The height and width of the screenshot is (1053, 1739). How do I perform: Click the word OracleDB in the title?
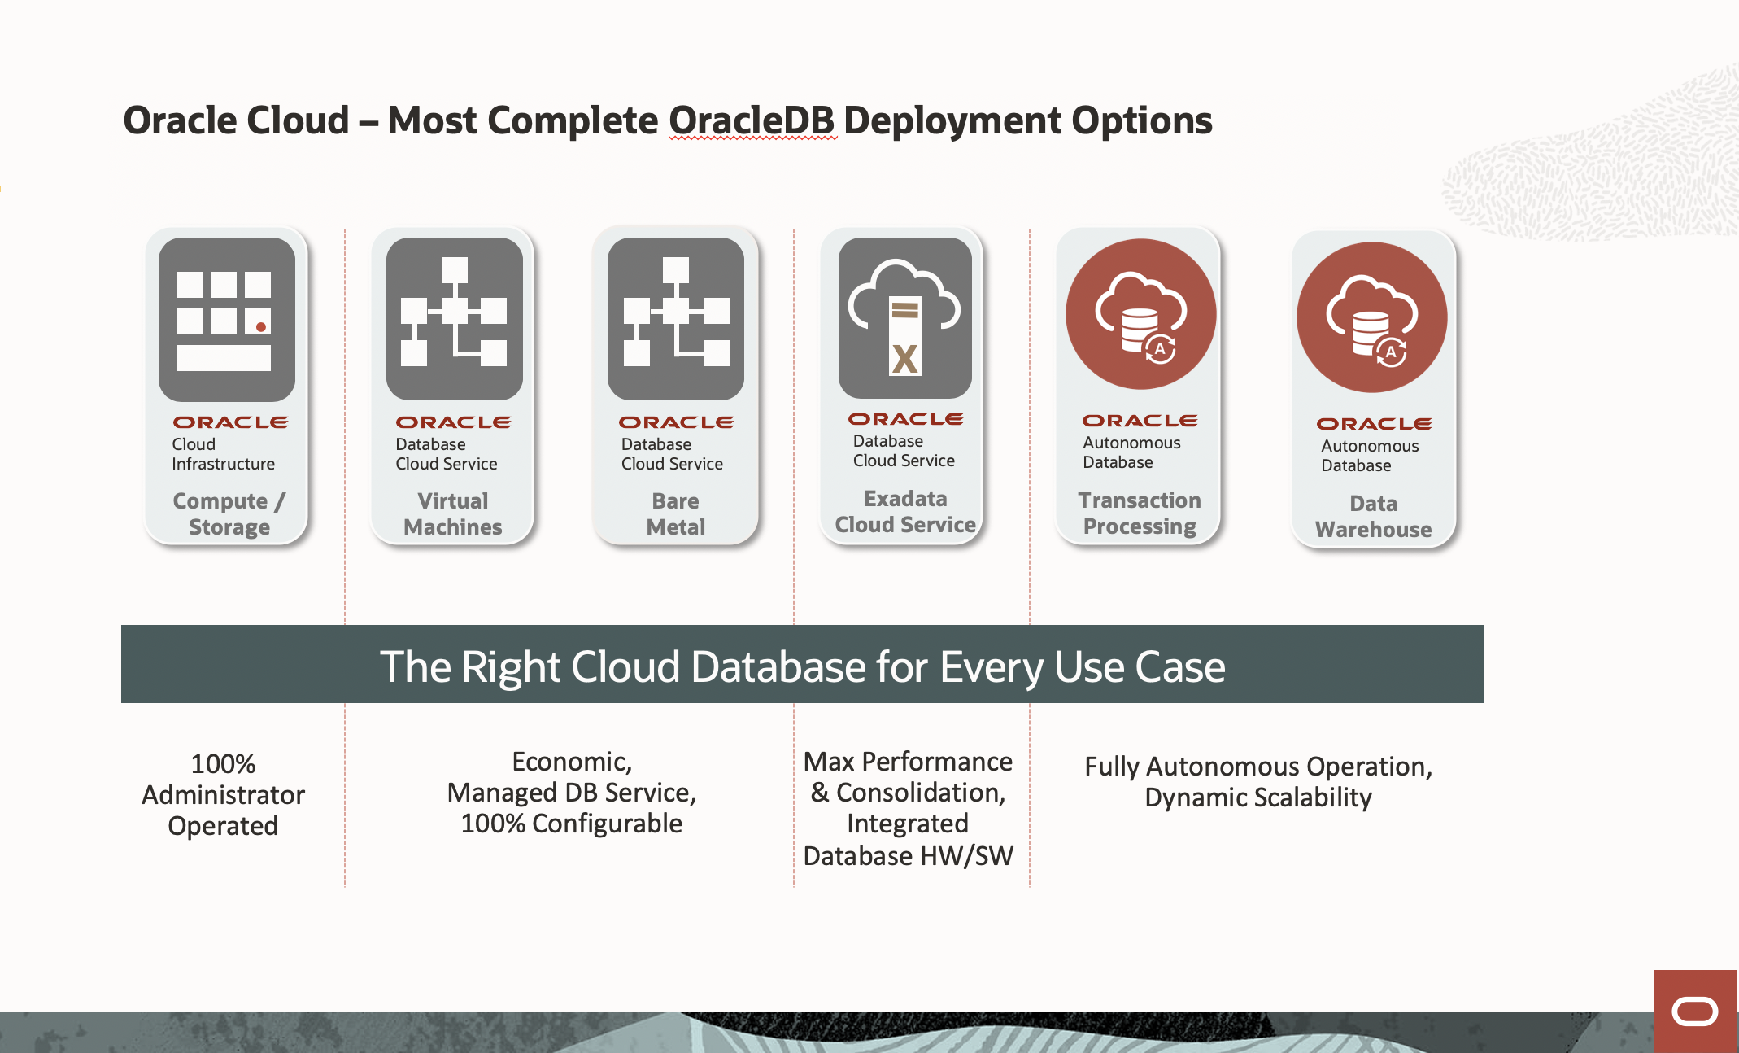pos(752,120)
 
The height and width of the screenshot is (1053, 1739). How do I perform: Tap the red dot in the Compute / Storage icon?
pos(261,326)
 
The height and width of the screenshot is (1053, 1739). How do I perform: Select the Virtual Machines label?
pos(452,513)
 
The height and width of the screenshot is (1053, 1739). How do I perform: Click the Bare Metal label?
pos(675,513)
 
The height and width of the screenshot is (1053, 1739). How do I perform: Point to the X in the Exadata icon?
pos(904,358)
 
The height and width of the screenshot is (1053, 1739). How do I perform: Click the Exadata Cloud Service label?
pos(904,511)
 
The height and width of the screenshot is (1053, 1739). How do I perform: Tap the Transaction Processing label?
pos(1139,513)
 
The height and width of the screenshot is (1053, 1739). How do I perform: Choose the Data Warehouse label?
pos(1373,516)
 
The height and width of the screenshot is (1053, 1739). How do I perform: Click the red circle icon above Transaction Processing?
pos(1140,313)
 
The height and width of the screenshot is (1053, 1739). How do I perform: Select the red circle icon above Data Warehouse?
pos(1371,317)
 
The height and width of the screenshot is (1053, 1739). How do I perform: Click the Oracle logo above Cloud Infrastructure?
pos(230,422)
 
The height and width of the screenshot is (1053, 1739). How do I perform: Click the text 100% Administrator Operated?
pos(223,794)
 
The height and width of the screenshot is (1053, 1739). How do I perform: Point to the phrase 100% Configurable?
pos(571,824)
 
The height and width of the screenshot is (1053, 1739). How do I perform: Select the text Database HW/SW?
pos(908,856)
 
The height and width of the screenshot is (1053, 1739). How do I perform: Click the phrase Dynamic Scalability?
pos(1257,797)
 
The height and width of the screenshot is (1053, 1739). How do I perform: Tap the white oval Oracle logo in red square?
pos(1695,1011)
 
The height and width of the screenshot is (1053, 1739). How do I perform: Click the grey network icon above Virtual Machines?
pos(454,317)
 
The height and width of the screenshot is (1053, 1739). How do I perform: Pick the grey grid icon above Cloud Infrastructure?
pos(226,319)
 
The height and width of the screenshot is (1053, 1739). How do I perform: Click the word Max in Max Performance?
pos(829,762)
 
